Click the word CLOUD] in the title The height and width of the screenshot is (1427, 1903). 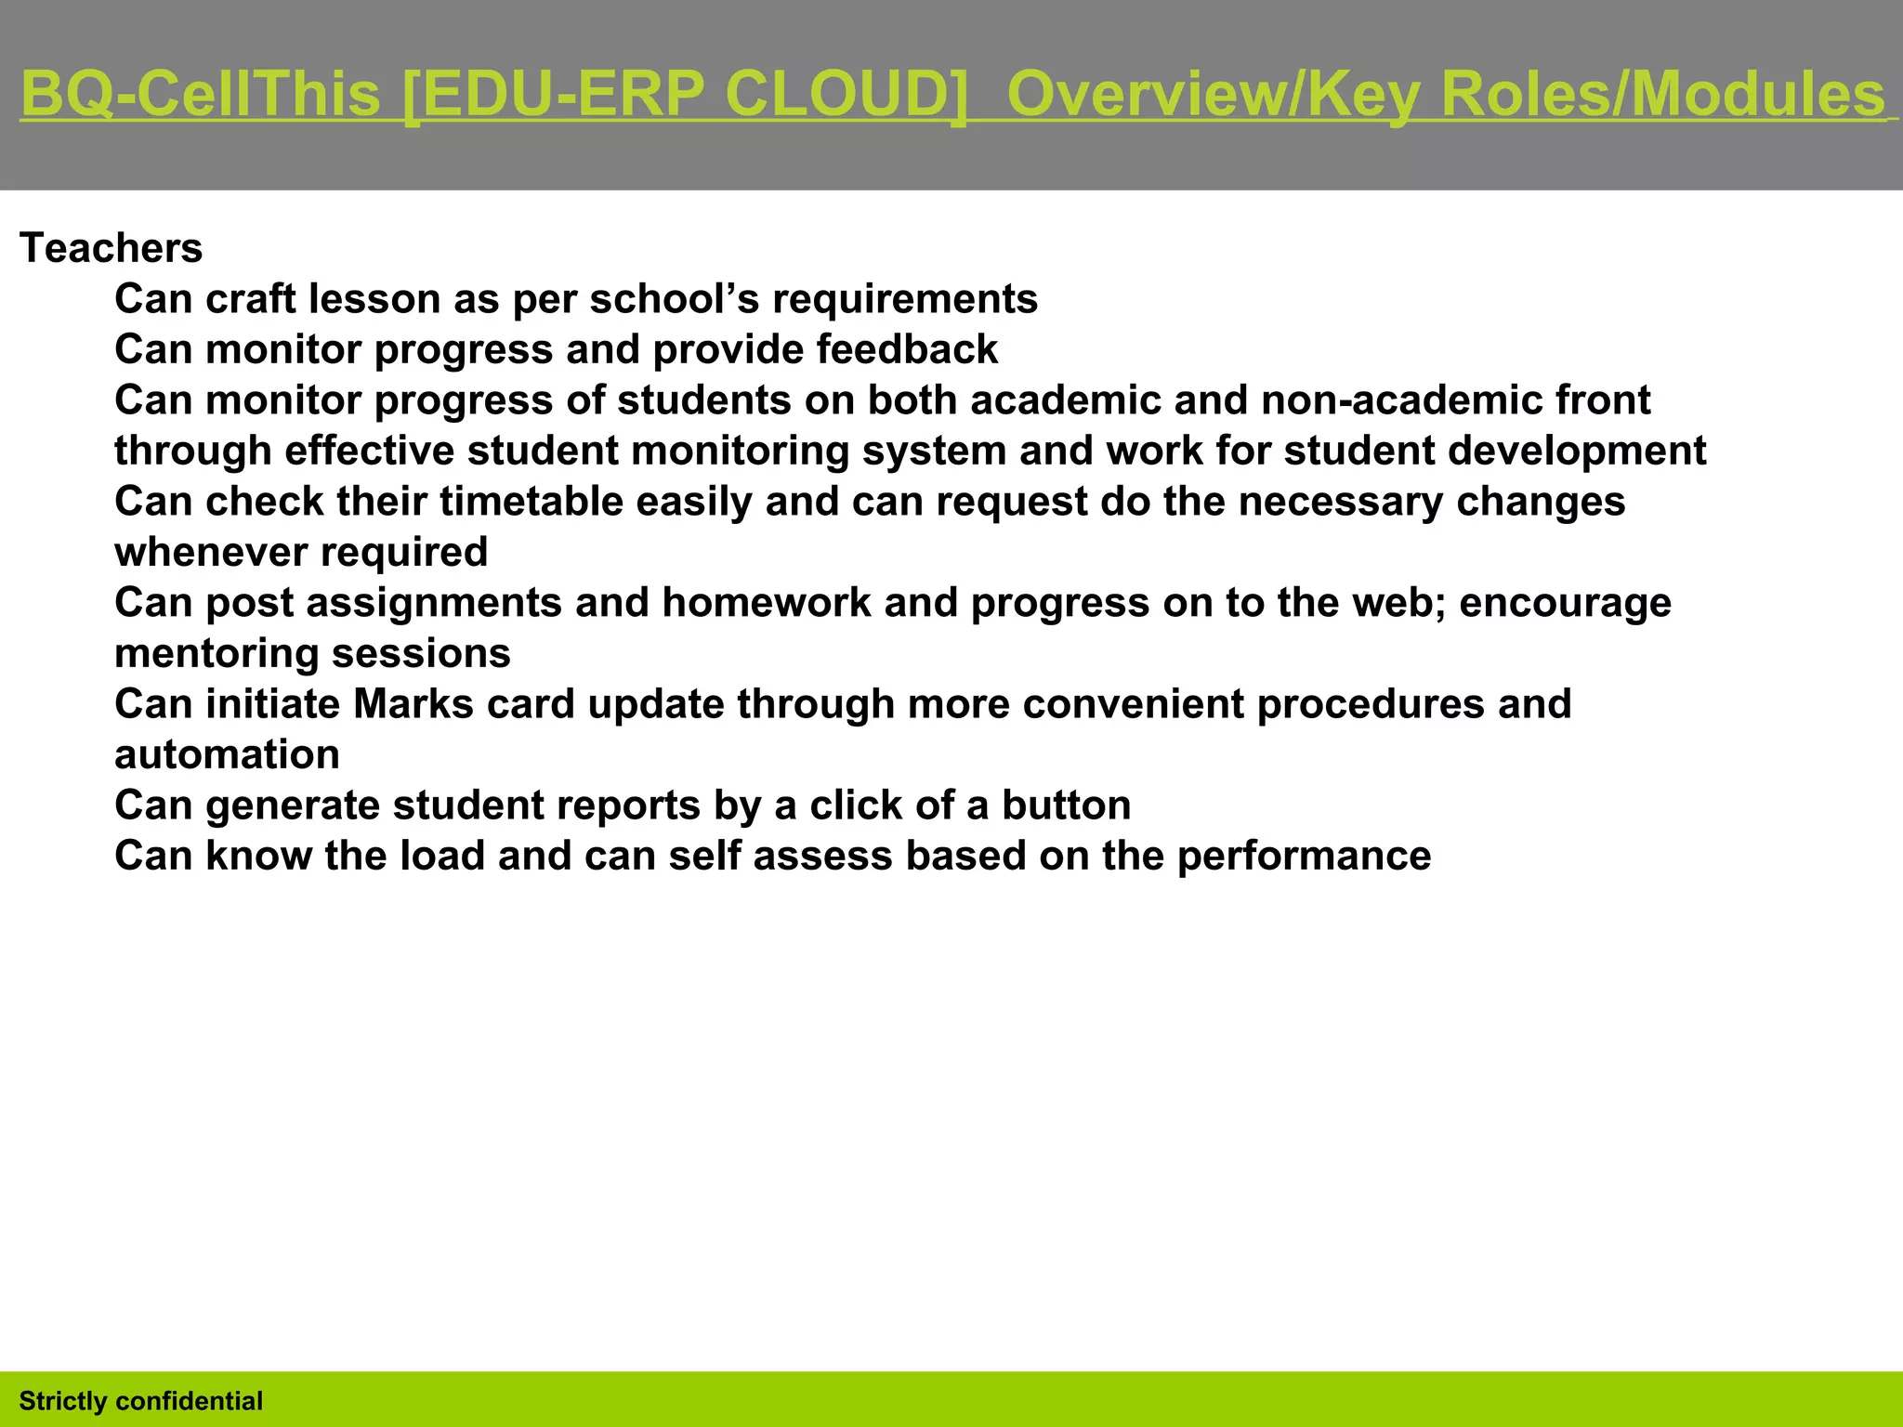(x=846, y=95)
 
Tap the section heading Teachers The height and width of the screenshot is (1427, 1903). (x=111, y=249)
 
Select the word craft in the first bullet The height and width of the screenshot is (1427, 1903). (x=251, y=299)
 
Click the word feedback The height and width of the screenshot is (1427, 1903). (x=907, y=350)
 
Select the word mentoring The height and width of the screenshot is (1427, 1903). (x=217, y=654)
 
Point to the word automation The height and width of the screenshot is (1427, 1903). (x=227, y=755)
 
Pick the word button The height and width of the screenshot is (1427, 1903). (x=1066, y=805)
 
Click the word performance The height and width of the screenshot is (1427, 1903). (x=1304, y=857)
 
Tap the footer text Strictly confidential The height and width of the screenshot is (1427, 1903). (x=141, y=1401)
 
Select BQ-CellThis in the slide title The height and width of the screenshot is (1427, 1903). (x=200, y=95)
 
